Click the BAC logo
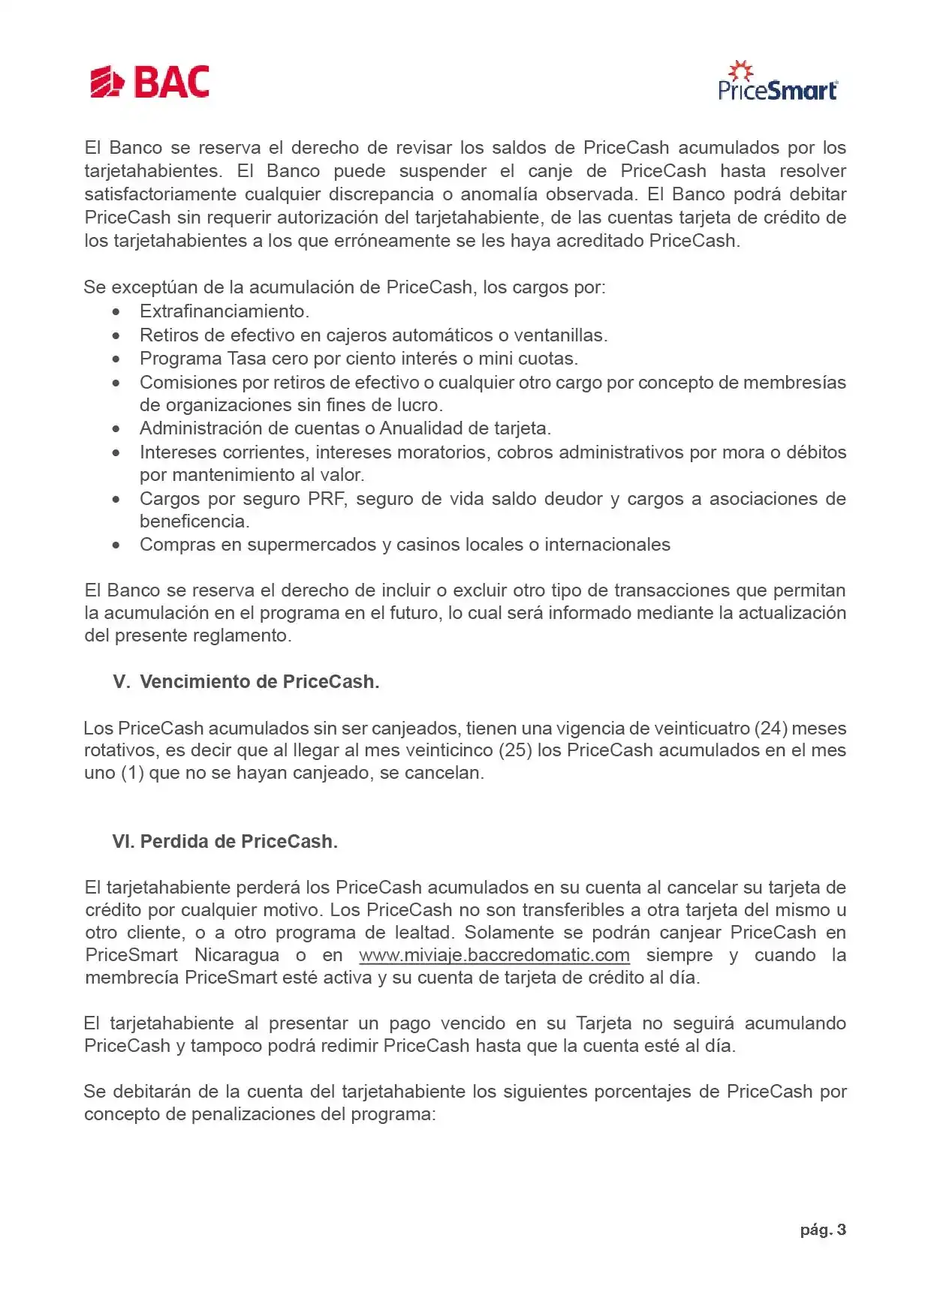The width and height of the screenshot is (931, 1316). pyautogui.click(x=149, y=83)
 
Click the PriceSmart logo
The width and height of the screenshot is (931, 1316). pyautogui.click(x=777, y=82)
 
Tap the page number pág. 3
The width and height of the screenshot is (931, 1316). pyautogui.click(x=823, y=1230)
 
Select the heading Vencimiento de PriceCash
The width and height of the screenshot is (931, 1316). pyautogui.click(x=259, y=681)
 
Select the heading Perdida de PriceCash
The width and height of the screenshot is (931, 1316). pyautogui.click(x=239, y=841)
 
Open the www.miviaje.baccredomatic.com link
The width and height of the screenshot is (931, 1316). pyautogui.click(x=494, y=955)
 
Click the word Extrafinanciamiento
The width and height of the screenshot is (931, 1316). pyautogui.click(x=224, y=311)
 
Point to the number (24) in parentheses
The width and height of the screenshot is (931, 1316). pyautogui.click(x=770, y=728)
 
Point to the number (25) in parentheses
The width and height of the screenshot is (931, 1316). pyautogui.click(x=517, y=750)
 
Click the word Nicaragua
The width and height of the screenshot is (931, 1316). pyautogui.click(x=237, y=955)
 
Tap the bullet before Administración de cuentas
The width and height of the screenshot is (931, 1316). pyautogui.click(x=116, y=429)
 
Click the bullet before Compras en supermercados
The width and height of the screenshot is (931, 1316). pyautogui.click(x=116, y=545)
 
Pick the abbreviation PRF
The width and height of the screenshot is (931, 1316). pyautogui.click(x=327, y=499)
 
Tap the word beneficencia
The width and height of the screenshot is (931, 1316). pyautogui.click(x=194, y=521)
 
